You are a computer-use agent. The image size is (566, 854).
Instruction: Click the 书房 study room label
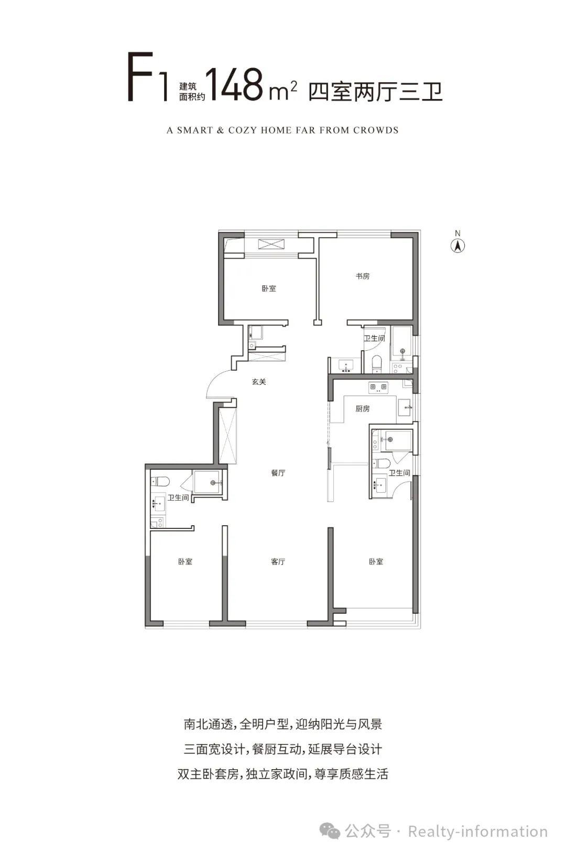pyautogui.click(x=363, y=276)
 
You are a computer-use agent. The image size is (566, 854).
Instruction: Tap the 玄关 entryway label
pyautogui.click(x=259, y=382)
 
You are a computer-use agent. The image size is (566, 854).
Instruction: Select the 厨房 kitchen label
pyautogui.click(x=363, y=409)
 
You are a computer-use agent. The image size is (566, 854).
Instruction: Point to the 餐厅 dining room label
pyautogui.click(x=278, y=473)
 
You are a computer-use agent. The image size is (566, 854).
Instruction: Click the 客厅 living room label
pyautogui.click(x=278, y=562)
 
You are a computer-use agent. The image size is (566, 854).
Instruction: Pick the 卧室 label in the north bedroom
pyautogui.click(x=269, y=289)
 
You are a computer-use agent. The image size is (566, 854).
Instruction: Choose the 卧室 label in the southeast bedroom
pyautogui.click(x=376, y=562)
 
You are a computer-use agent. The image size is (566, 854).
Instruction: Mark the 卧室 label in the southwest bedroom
pyautogui.click(x=186, y=562)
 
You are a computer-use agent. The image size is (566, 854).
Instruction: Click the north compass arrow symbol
pyautogui.click(x=458, y=246)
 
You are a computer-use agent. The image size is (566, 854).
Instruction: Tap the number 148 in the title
pyautogui.click(x=236, y=85)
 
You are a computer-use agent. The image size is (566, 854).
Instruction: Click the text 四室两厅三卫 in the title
pyautogui.click(x=376, y=92)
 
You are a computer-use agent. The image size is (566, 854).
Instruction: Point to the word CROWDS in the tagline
pyautogui.click(x=376, y=130)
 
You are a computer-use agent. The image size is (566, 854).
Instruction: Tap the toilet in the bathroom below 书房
pyautogui.click(x=376, y=364)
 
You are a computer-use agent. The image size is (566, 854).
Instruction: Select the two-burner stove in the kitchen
pyautogui.click(x=378, y=387)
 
